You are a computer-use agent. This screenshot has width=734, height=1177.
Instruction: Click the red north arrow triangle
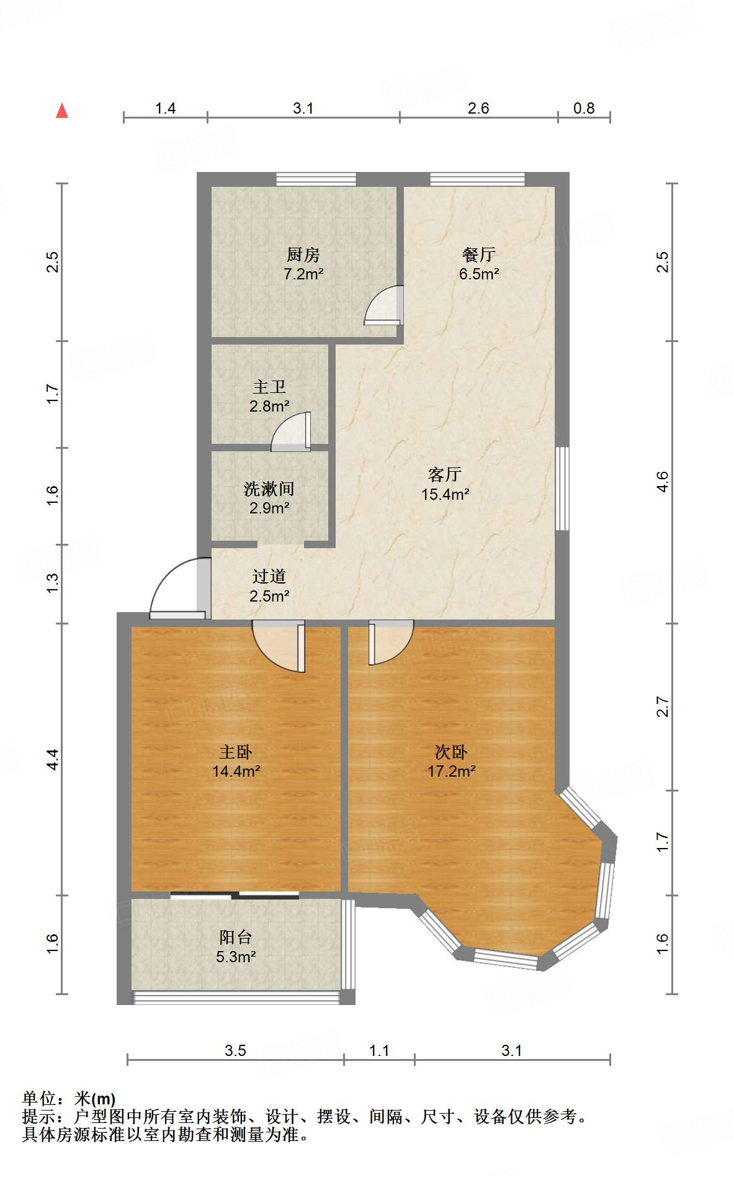click(x=62, y=111)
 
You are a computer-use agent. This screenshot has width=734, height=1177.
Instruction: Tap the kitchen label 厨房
click(x=303, y=255)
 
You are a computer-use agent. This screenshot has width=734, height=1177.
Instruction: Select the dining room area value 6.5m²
click(x=479, y=274)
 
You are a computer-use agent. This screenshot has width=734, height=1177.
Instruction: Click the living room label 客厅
click(x=445, y=475)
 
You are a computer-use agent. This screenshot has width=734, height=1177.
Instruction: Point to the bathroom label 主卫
click(x=269, y=387)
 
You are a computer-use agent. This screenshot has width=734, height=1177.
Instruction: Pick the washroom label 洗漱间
click(x=269, y=489)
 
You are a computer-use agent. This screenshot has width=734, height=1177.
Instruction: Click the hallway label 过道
click(x=269, y=577)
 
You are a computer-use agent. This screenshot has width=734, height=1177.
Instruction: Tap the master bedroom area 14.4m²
click(x=236, y=772)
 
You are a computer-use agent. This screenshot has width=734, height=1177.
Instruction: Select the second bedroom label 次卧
click(x=451, y=752)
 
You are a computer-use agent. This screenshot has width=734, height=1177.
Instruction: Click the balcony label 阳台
click(x=236, y=937)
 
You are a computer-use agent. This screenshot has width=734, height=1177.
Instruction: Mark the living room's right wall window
click(x=562, y=489)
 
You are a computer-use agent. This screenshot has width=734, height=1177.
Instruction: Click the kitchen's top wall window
click(x=316, y=179)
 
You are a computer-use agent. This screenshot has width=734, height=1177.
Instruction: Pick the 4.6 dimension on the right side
click(x=663, y=482)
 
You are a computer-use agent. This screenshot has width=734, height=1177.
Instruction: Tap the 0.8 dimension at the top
click(x=584, y=109)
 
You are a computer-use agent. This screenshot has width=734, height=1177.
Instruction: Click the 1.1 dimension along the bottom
click(x=379, y=1050)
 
